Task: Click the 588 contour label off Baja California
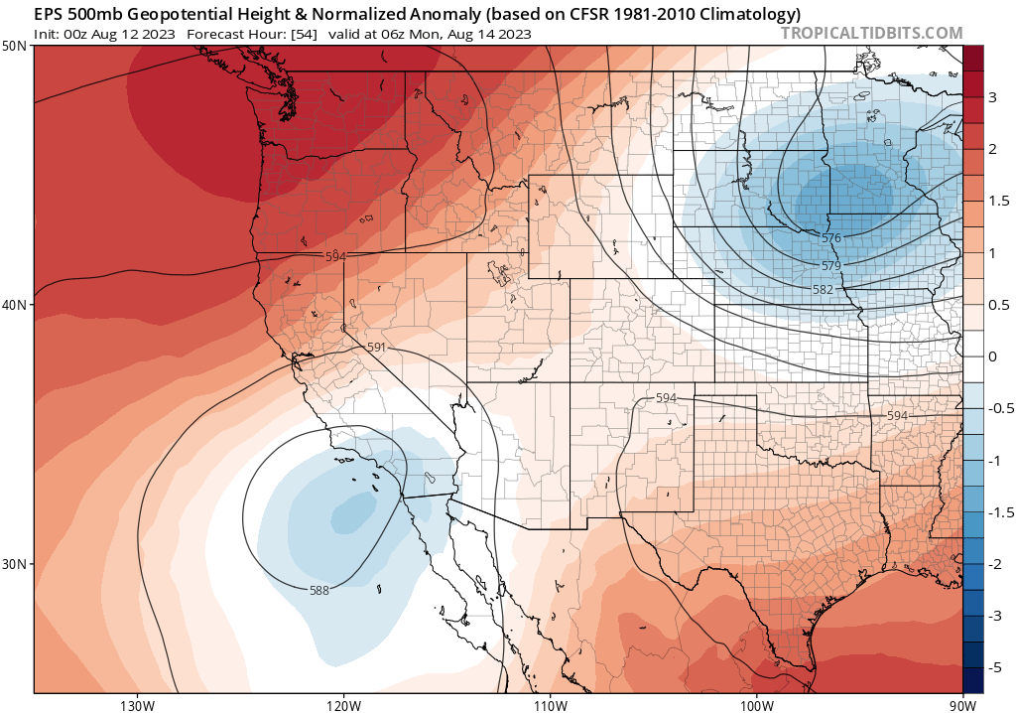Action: pyautogui.click(x=319, y=591)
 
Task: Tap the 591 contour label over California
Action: pyautogui.click(x=376, y=349)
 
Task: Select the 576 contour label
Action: pyautogui.click(x=831, y=238)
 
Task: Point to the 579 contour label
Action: pyautogui.click(x=831, y=266)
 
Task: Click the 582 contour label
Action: pyautogui.click(x=823, y=289)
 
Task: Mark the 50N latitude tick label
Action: pyautogui.click(x=15, y=47)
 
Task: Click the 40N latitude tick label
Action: pyautogui.click(x=15, y=305)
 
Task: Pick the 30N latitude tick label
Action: pyautogui.click(x=15, y=563)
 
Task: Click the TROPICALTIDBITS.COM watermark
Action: pyautogui.click(x=872, y=33)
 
